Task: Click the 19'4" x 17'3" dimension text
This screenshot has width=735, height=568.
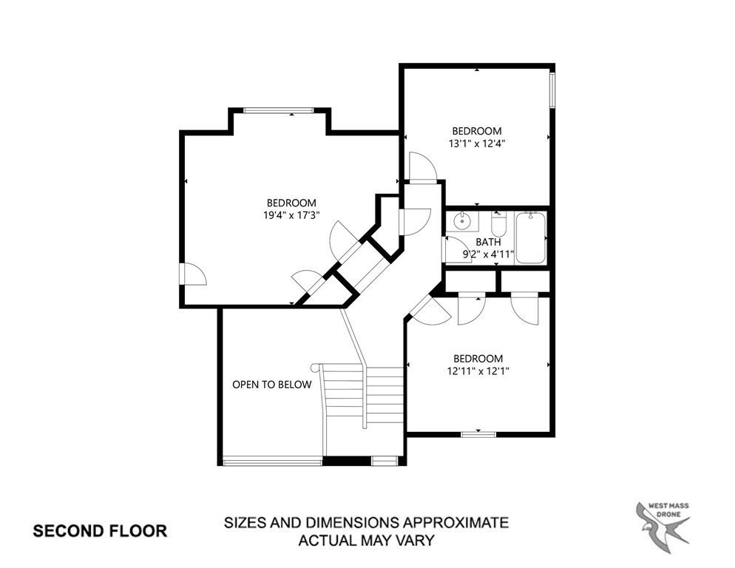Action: (x=291, y=215)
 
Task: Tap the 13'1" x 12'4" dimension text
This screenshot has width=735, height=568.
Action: (x=476, y=143)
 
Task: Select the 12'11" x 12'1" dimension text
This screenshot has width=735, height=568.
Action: (x=478, y=371)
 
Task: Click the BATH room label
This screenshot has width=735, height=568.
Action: (x=489, y=242)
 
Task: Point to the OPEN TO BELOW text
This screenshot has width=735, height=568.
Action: (x=272, y=385)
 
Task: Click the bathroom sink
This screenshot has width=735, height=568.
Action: (x=462, y=220)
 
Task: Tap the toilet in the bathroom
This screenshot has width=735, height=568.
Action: (x=498, y=224)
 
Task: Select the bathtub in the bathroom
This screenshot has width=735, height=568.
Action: (x=531, y=238)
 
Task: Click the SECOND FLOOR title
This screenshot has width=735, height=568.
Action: (x=100, y=530)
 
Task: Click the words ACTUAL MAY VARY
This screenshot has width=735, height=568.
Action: (x=366, y=540)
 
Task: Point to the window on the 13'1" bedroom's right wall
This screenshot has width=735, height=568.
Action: (x=552, y=90)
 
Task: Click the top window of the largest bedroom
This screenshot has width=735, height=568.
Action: (x=279, y=111)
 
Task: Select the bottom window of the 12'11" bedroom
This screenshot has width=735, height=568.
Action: (x=478, y=434)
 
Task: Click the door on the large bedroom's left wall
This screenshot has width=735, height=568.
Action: (x=193, y=274)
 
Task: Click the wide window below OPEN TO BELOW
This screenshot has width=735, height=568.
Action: (x=272, y=463)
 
